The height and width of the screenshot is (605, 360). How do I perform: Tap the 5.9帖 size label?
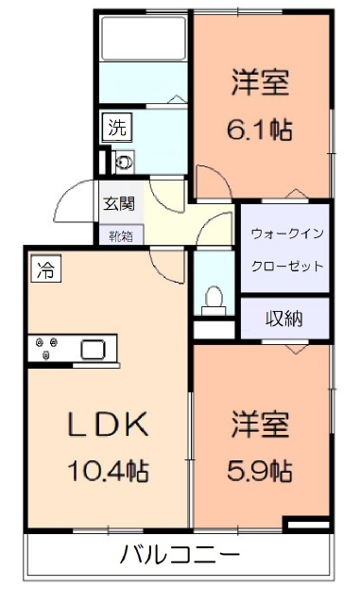(258, 470)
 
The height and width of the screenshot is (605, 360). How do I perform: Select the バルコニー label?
(180, 554)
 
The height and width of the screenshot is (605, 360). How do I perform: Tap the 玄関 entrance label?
(119, 202)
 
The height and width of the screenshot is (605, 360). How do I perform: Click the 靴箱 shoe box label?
(120, 234)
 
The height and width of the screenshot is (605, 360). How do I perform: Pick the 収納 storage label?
(283, 319)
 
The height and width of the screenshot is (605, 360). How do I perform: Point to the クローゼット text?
(286, 266)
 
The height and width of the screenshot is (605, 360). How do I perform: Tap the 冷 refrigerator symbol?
(43, 269)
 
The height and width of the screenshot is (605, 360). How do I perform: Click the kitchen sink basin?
(94, 349)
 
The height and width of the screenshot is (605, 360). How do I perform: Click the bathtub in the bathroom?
(143, 40)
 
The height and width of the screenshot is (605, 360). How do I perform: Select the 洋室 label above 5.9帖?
(258, 423)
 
